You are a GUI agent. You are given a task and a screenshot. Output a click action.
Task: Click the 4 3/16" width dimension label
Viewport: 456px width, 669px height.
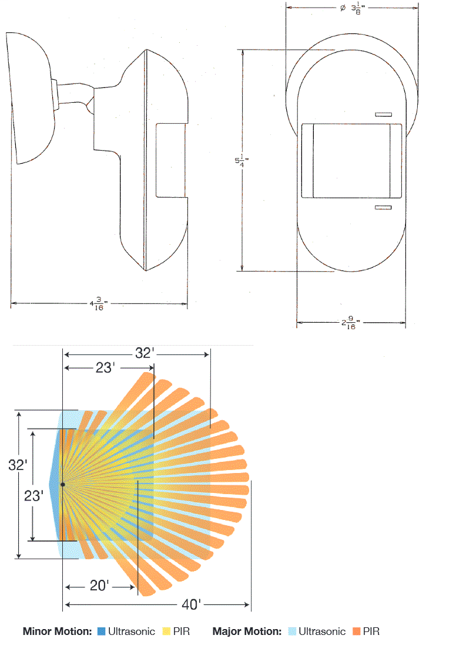click(x=98, y=304)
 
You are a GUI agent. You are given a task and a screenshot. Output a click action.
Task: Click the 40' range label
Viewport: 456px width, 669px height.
click(x=191, y=604)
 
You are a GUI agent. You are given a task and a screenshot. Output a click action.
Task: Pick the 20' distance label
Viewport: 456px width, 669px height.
click(x=99, y=586)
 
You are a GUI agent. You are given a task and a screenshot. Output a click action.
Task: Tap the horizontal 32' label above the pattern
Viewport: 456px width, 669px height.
click(x=145, y=353)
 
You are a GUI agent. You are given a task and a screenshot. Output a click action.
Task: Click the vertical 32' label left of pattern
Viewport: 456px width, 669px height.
click(x=18, y=465)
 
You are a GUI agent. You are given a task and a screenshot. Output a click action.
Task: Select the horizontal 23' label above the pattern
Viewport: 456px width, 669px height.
click(x=105, y=368)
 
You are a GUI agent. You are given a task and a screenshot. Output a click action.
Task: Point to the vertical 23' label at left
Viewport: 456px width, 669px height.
click(x=33, y=496)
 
